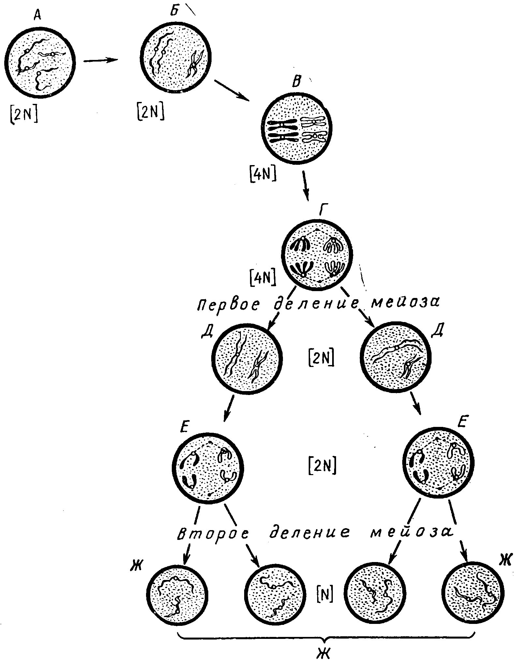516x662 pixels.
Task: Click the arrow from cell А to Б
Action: point(100,60)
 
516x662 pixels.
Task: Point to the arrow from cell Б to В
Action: point(232,90)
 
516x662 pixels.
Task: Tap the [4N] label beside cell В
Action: point(263,176)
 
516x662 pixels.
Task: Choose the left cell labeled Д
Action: point(247,359)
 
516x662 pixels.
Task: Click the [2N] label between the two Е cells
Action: point(322,466)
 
